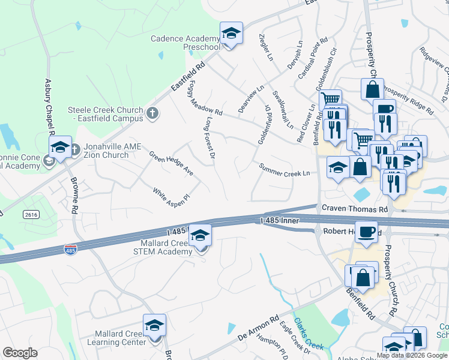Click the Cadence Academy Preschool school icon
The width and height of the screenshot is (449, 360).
click(231, 34)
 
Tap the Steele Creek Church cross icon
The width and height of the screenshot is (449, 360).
click(152, 112)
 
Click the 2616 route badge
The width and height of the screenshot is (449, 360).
click(31, 214)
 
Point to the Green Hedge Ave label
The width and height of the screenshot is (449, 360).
click(172, 163)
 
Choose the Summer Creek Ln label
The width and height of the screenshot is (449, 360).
click(284, 169)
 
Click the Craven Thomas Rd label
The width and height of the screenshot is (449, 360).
click(355, 209)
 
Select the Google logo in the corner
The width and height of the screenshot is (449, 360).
click(20, 353)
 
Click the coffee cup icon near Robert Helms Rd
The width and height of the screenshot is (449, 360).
click(366, 232)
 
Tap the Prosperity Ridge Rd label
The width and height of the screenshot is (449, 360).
click(408, 100)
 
